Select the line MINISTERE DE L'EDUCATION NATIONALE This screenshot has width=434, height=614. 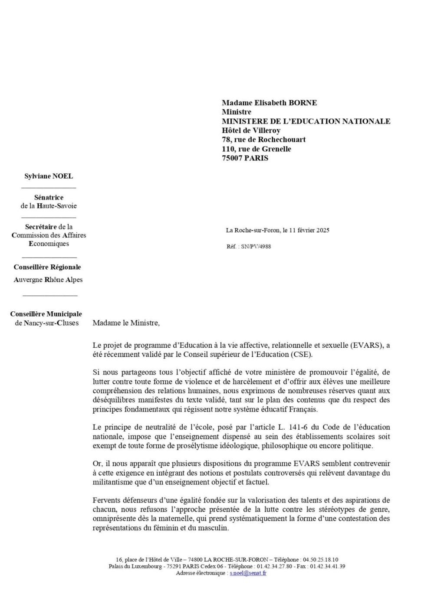pos(306,121)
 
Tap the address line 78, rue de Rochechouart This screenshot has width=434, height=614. pos(263,140)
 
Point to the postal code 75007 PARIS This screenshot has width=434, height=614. pos(245,158)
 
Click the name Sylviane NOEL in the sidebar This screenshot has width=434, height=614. pos(49,176)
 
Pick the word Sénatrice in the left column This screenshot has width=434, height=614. pos(49,197)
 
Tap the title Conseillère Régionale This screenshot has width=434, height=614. pos(47,267)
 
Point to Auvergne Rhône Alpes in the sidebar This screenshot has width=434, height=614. pos(48,280)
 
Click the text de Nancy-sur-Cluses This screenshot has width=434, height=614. pos(47,323)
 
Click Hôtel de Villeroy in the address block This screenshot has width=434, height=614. pos(251,131)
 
